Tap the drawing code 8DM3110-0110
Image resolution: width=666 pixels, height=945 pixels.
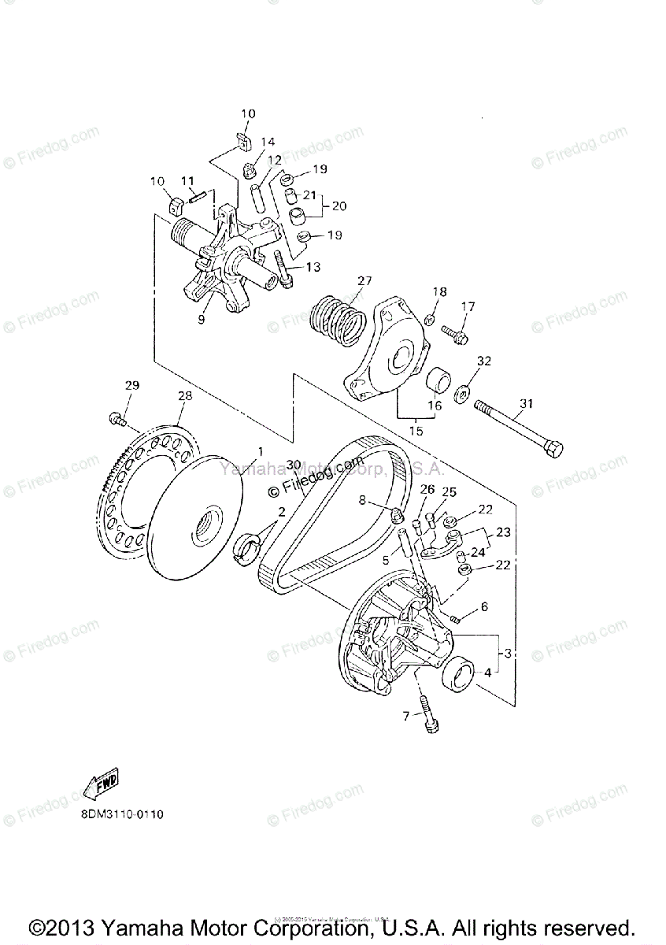[121, 815]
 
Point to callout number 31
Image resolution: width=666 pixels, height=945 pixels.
[526, 404]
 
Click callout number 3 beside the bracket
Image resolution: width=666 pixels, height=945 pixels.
[509, 653]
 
